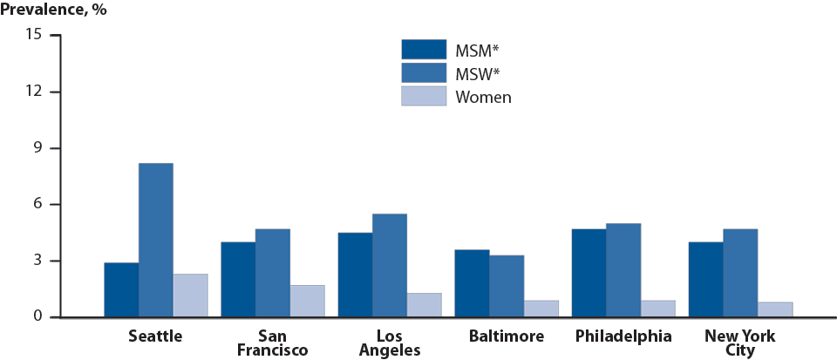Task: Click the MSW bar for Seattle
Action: [155, 240]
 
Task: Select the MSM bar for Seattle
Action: [121, 289]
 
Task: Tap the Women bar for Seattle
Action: [190, 295]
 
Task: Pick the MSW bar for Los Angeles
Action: [389, 265]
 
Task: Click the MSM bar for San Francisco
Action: [238, 279]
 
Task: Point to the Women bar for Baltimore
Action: [541, 309]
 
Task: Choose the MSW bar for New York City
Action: [740, 273]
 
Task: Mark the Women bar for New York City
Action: [775, 309]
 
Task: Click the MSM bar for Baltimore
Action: [472, 283]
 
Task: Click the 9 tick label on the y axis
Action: [37, 148]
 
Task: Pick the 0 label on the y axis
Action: [37, 317]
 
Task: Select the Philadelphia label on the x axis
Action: [623, 336]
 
